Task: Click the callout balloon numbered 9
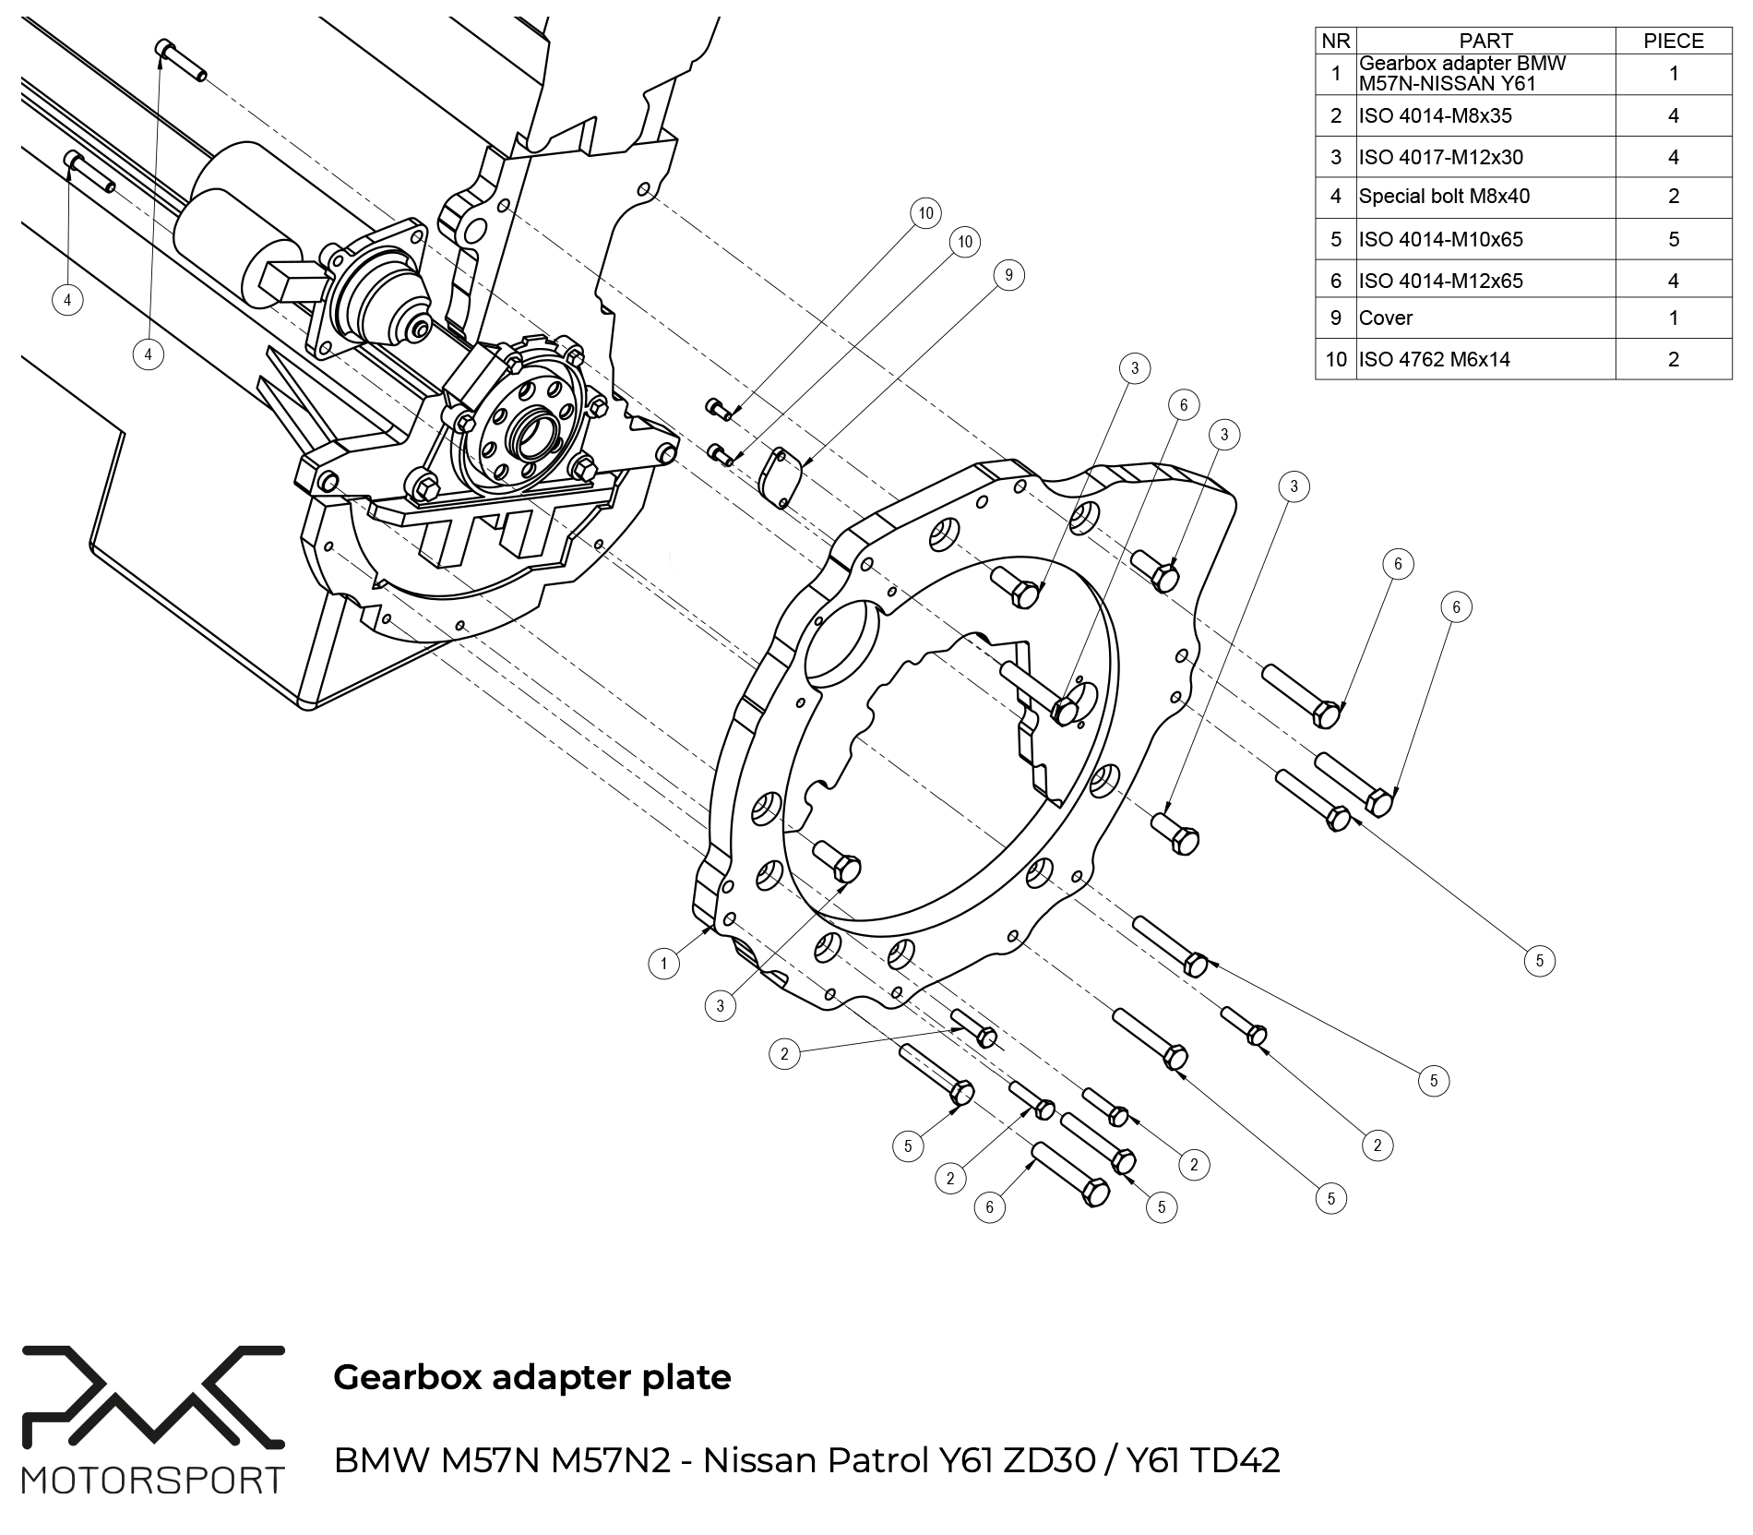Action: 1008,275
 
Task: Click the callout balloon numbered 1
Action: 663,965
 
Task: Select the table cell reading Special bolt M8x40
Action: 1444,197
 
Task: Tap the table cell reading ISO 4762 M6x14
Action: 1434,359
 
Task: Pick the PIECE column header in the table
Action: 1673,41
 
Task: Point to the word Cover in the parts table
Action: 1386,318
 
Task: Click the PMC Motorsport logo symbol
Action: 153,1397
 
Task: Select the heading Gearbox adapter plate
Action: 531,1377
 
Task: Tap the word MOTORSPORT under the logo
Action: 153,1481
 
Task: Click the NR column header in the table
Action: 1335,41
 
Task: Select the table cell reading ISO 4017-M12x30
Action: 1440,157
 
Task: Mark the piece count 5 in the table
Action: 1673,239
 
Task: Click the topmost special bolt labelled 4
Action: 182,61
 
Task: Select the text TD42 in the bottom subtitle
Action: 1234,1461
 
